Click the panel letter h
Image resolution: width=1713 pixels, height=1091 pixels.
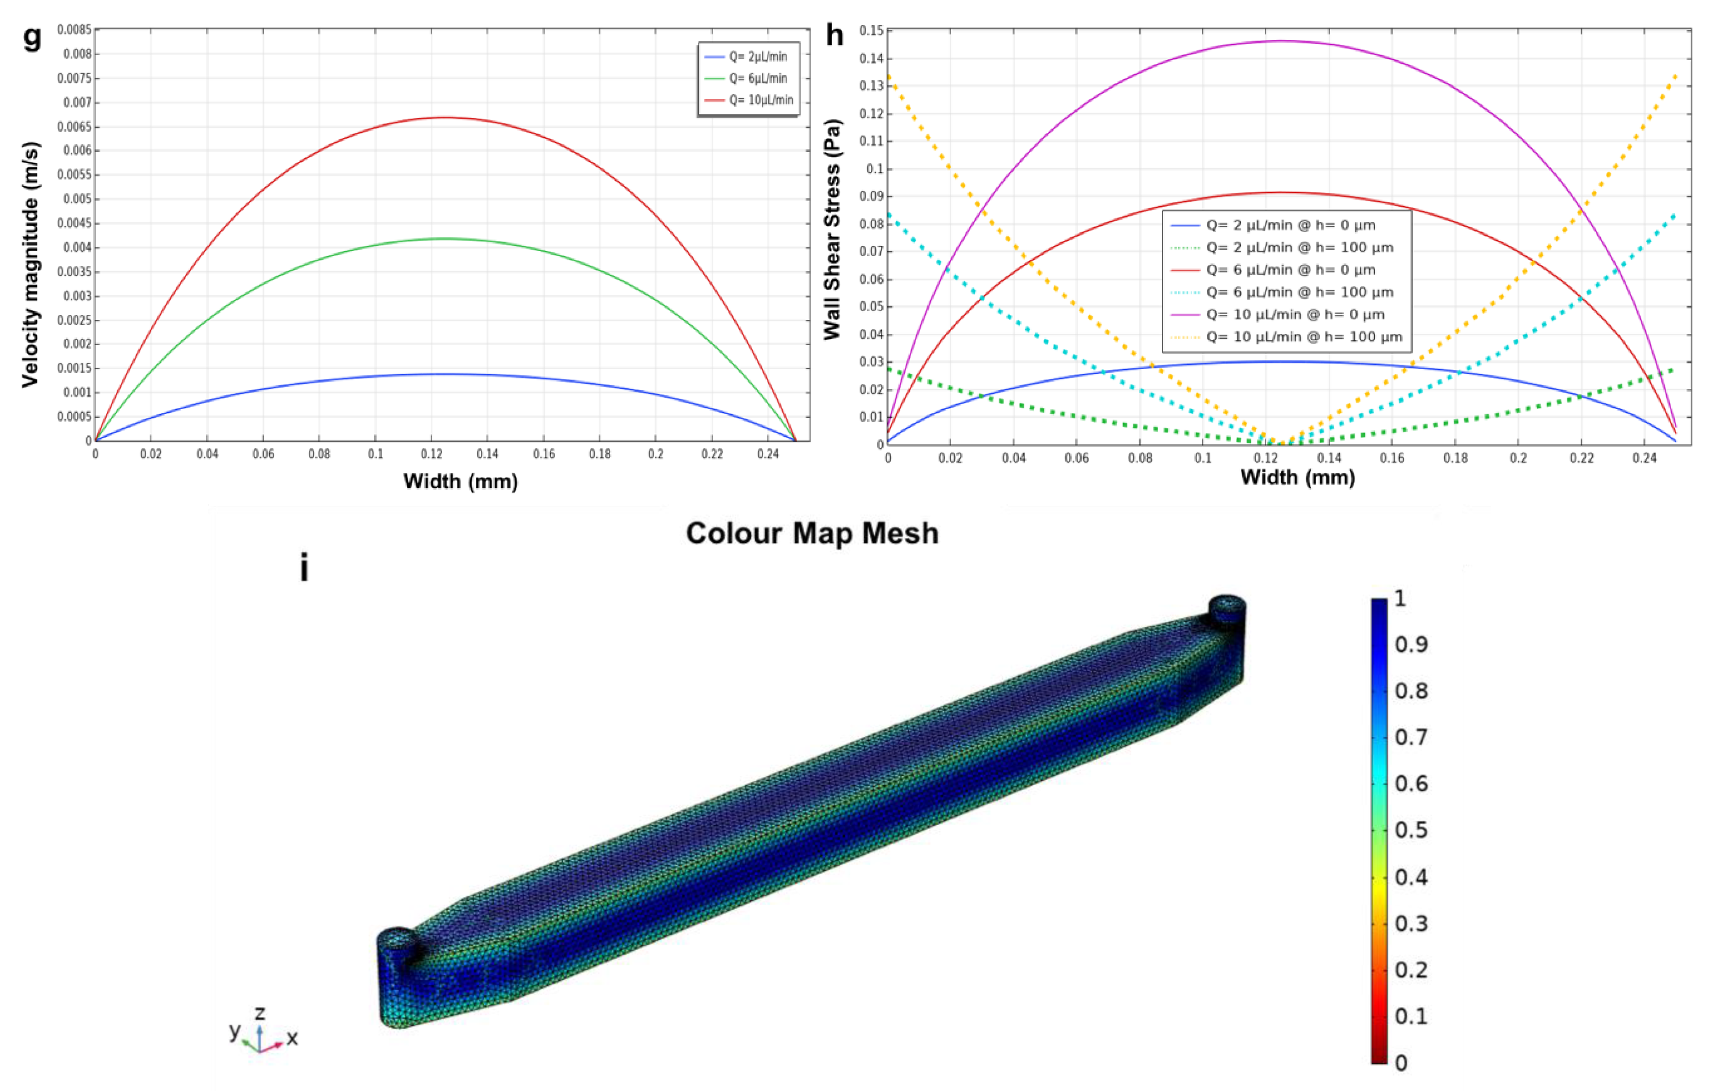[834, 35]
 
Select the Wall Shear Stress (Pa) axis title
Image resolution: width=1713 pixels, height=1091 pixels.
[832, 229]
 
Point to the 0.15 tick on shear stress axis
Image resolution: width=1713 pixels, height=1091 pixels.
[871, 31]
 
